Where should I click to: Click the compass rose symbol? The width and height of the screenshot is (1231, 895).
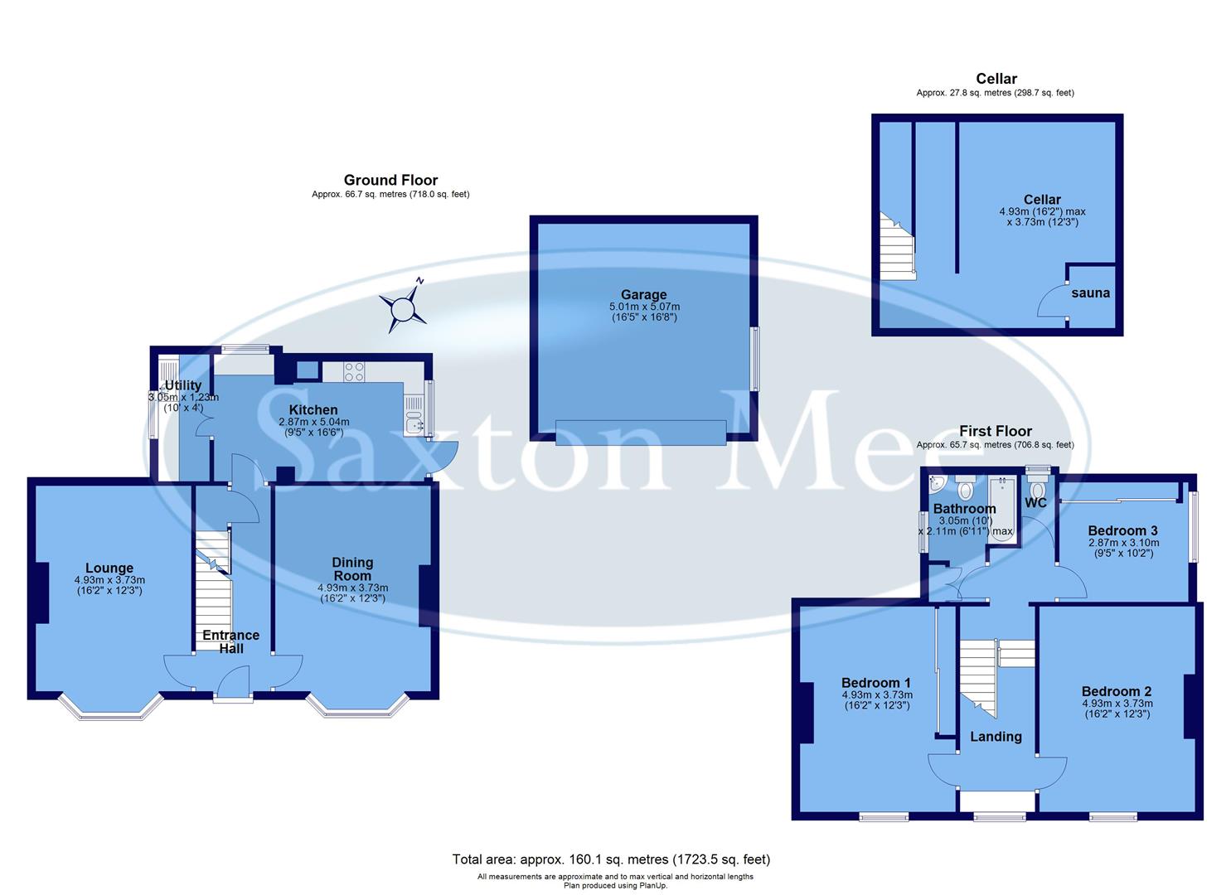click(404, 307)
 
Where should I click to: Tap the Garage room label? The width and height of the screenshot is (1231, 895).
click(643, 295)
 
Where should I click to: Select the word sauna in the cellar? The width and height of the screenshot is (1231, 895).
click(1090, 293)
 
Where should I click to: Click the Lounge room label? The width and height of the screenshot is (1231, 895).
click(109, 568)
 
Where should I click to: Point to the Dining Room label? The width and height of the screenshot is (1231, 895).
click(352, 569)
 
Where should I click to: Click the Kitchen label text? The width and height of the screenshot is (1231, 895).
click(313, 410)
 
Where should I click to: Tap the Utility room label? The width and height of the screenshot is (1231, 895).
click(183, 385)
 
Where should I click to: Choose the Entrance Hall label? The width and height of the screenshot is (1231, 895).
click(231, 641)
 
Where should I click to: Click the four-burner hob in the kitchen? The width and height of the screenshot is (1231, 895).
click(354, 372)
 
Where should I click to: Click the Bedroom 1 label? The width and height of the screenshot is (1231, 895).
click(876, 683)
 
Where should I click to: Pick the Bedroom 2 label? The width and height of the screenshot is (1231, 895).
click(1116, 691)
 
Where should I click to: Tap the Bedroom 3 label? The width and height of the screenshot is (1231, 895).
click(1122, 531)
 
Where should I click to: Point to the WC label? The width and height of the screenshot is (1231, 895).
click(1035, 503)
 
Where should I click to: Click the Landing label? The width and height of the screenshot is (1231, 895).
click(996, 737)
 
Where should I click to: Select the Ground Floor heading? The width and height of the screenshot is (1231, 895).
click(390, 180)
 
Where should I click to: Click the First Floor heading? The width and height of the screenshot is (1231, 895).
click(995, 431)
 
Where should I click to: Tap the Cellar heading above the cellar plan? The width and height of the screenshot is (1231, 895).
click(996, 79)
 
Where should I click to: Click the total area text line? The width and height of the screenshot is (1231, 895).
click(611, 859)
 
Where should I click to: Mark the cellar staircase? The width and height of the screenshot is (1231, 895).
click(896, 249)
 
